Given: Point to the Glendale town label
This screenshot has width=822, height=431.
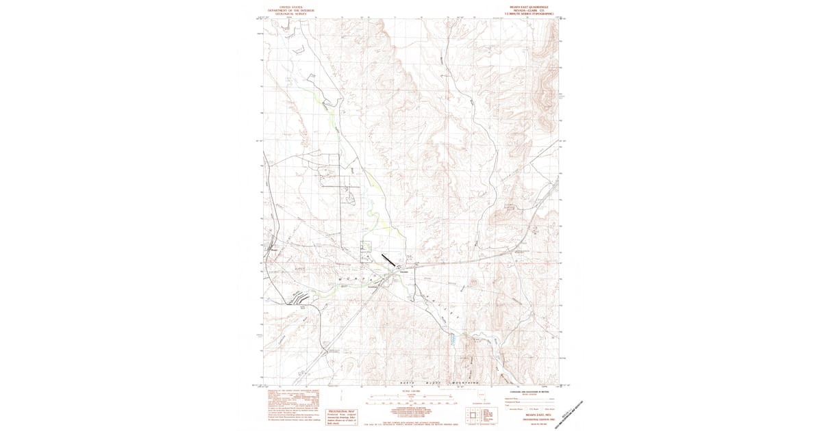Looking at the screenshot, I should [x=403, y=272].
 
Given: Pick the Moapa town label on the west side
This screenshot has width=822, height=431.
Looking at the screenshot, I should [x=273, y=249].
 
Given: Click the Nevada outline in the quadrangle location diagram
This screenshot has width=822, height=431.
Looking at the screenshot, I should [x=482, y=395].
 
